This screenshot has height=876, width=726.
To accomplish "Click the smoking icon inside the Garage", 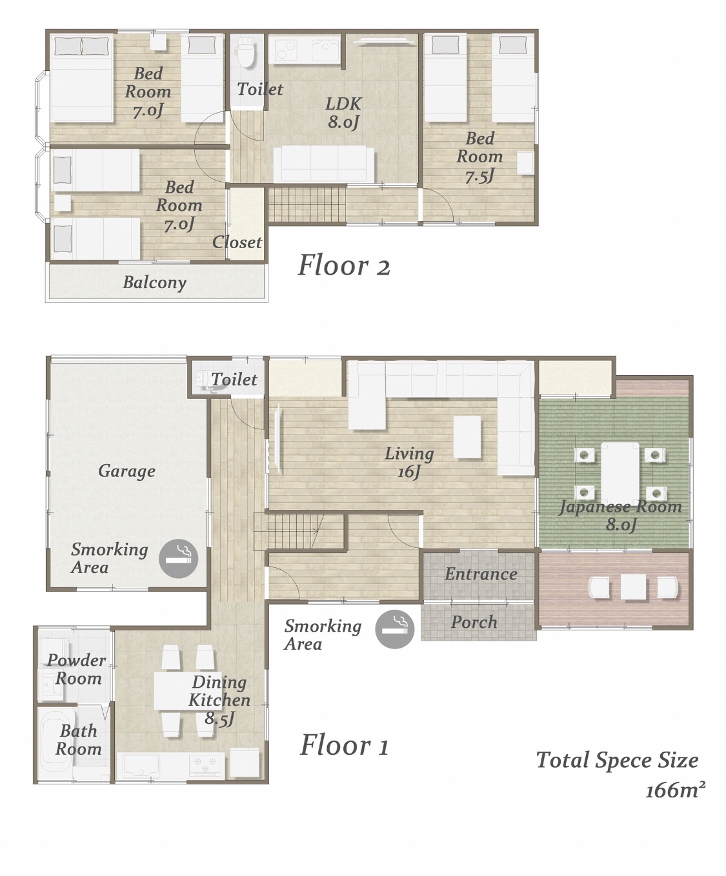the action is click(178, 558).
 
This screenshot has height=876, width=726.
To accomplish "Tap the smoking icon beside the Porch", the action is click(394, 628).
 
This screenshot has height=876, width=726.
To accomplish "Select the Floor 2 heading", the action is click(344, 266).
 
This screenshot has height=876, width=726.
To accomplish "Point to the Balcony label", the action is click(155, 282).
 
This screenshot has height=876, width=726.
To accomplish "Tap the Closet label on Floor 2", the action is click(237, 242).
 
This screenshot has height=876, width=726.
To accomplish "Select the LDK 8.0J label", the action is click(343, 112).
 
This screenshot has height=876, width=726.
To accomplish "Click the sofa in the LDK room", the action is click(323, 164).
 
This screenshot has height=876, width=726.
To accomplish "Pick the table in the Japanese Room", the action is click(620, 472).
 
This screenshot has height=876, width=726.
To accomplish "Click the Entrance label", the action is click(481, 574).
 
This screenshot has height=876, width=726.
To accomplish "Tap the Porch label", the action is click(474, 623).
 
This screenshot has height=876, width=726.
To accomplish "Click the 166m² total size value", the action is click(675, 790).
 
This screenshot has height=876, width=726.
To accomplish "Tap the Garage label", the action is click(126, 471).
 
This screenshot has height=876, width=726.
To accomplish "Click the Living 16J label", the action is click(409, 463).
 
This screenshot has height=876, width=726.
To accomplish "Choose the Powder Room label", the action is click(76, 669).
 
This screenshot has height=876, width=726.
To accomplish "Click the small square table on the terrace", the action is click(633, 587).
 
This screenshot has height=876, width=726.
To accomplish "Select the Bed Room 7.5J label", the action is click(479, 157).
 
